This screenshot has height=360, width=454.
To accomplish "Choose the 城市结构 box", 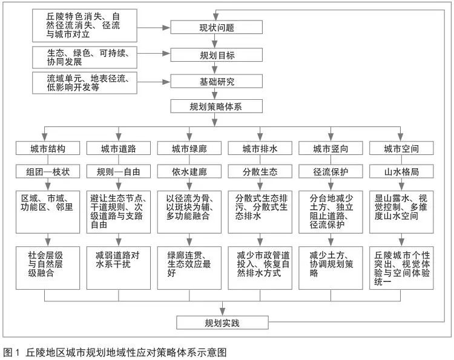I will point(47,148).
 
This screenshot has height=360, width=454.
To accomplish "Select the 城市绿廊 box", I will point(189,148).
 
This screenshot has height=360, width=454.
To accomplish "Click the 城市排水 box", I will point(260,148).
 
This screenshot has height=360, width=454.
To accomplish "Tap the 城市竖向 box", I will point(331,148).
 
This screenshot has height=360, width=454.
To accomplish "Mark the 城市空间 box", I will point(401,148).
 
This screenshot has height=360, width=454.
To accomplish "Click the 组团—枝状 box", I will point(47,172).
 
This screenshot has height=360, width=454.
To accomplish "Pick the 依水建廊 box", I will point(189,172).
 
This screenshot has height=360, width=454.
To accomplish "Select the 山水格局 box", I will point(401,172).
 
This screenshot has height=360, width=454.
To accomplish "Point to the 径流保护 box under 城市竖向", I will point(331,172).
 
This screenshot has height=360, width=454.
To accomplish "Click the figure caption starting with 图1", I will point(115,352).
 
